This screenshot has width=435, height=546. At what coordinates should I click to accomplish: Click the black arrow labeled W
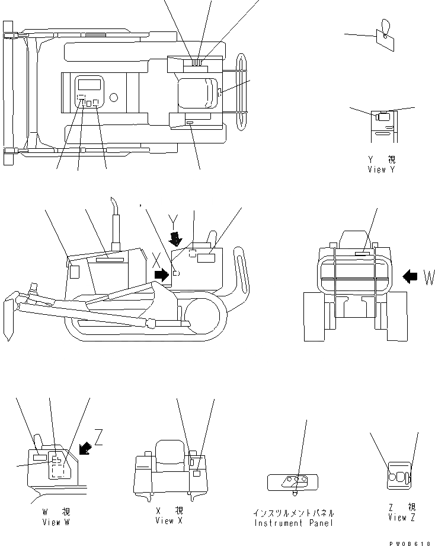tap(410, 276)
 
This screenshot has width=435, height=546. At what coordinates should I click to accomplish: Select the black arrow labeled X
tap(161, 274)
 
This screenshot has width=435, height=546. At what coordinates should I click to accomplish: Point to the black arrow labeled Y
tap(176, 239)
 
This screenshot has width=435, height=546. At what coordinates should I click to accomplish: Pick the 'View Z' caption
tap(401, 517)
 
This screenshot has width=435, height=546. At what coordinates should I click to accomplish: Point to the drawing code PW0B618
tap(415, 542)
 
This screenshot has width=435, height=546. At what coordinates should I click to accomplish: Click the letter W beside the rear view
tap(428, 277)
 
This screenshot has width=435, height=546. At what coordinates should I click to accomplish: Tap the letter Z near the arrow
tap(98, 439)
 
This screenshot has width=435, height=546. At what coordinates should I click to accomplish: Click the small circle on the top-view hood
tap(114, 97)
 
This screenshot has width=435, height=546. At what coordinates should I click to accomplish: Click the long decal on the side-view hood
tap(108, 259)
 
